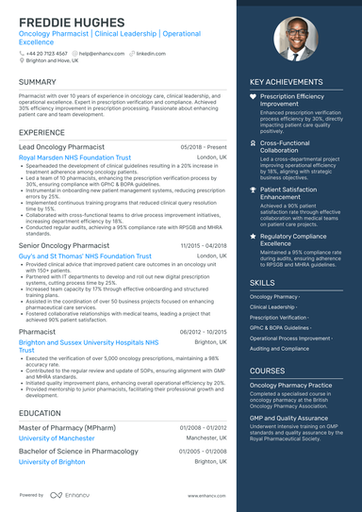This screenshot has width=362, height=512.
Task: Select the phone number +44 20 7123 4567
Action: tap(47, 54)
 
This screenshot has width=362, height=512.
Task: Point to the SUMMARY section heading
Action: tap(38, 82)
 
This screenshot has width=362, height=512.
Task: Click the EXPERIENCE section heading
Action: tap(41, 133)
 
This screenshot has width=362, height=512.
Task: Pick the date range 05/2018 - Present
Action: tap(204, 148)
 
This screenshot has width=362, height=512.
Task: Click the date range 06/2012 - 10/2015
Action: tap(203, 332)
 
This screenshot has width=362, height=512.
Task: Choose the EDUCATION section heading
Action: tap(40, 413)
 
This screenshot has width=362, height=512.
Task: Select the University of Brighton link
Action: tap(51, 462)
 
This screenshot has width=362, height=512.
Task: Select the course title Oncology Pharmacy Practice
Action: tap(290, 386)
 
